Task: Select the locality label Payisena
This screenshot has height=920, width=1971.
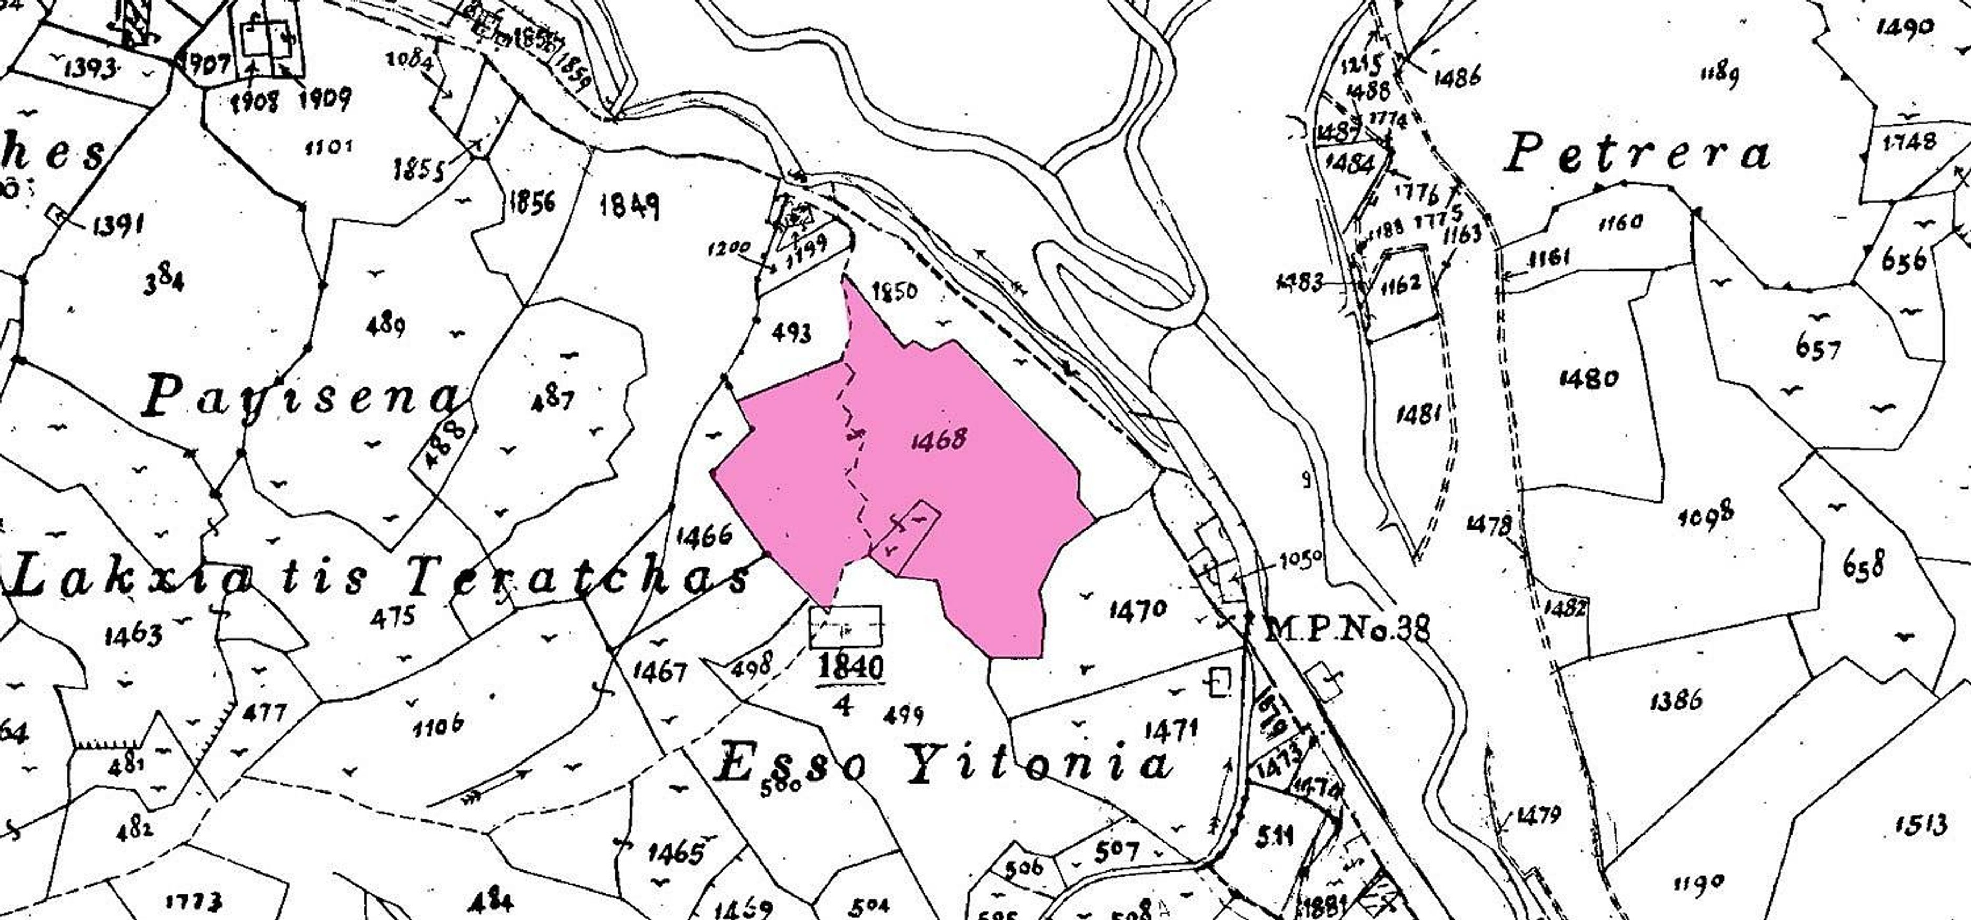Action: [302, 397]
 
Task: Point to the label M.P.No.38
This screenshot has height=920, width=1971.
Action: [1347, 630]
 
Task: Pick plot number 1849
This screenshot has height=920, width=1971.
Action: [630, 205]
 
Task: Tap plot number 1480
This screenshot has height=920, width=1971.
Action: [1588, 378]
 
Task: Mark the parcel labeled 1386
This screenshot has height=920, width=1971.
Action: [1676, 699]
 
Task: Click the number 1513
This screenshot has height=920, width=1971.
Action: [1920, 824]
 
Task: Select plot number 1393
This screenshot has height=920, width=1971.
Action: [91, 69]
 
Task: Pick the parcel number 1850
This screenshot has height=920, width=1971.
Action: [894, 292]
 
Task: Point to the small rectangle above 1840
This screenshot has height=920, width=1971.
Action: [845, 627]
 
